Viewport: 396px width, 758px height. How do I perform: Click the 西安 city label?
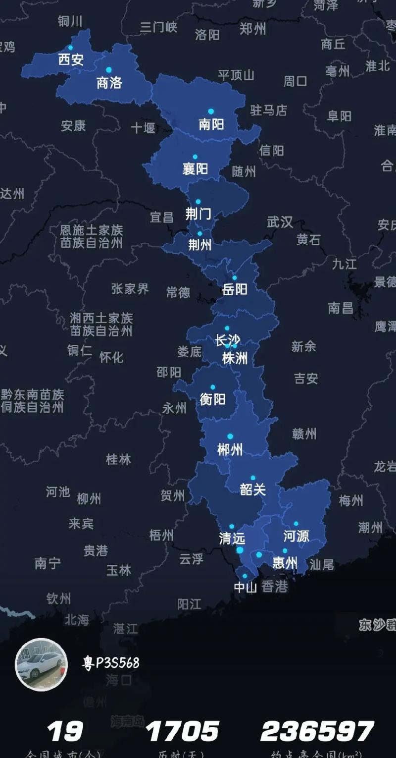pyautogui.click(x=71, y=60)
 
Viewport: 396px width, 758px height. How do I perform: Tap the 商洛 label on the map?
pyautogui.click(x=109, y=82)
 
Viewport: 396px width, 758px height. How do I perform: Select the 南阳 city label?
pyautogui.click(x=211, y=124)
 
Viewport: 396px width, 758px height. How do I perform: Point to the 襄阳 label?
pyautogui.click(x=195, y=168)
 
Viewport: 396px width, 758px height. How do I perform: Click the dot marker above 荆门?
pyautogui.click(x=198, y=202)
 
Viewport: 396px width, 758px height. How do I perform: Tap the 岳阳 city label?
pyautogui.click(x=235, y=289)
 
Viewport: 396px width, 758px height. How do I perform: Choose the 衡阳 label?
pyautogui.click(x=213, y=399)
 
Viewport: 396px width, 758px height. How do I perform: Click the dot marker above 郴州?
pyautogui.click(x=230, y=436)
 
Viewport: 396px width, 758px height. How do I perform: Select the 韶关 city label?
pyautogui.click(x=253, y=490)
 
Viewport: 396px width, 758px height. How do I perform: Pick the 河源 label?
pyautogui.click(x=296, y=536)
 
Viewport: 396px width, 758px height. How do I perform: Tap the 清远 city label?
pyautogui.click(x=232, y=538)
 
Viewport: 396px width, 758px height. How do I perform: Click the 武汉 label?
pyautogui.click(x=280, y=222)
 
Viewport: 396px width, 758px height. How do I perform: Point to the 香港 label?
pyautogui.click(x=274, y=587)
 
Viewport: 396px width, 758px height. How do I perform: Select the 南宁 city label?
pyautogui.click(x=48, y=563)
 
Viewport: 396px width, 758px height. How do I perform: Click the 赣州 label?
pyautogui.click(x=304, y=434)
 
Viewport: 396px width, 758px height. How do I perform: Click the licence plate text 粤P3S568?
pyautogui.click(x=111, y=663)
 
